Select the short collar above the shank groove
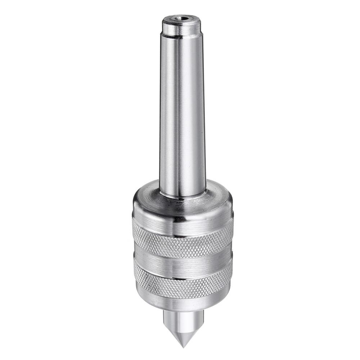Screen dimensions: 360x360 click(x=181, y=28)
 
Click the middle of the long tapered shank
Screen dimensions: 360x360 click(x=183, y=115)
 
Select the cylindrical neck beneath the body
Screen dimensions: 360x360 click(x=183, y=317)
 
